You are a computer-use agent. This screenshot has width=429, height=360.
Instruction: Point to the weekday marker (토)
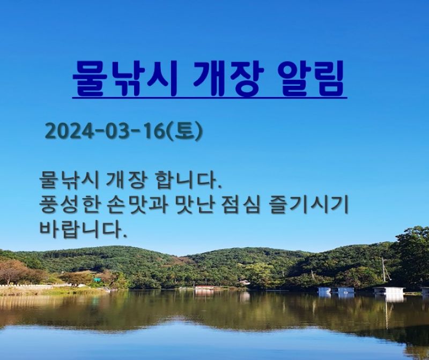pos(184,131)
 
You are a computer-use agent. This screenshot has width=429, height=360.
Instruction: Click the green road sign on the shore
pos(97,280)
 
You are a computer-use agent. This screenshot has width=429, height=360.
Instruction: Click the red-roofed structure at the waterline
pos(204,288)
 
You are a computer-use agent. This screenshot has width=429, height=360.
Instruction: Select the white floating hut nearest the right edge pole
pos(388,290)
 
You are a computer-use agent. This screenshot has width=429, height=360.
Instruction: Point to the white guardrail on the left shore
pos(30,286)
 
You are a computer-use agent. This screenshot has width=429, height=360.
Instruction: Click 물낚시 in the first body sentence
pos(69,181)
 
